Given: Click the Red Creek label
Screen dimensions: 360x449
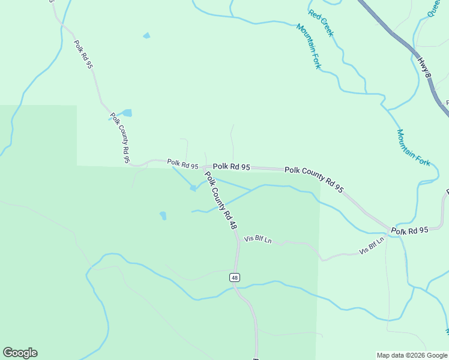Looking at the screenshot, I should [x=321, y=23].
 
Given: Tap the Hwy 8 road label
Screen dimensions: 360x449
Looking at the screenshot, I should [x=425, y=67].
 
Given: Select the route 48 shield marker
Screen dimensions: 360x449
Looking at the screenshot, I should [x=234, y=277].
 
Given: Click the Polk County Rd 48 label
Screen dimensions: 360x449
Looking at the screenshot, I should [x=220, y=201].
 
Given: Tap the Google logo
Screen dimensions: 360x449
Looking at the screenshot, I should [x=20, y=353].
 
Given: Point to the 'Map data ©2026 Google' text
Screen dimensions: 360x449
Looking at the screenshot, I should [x=411, y=355].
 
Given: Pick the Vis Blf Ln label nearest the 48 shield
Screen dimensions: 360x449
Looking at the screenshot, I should [x=258, y=239].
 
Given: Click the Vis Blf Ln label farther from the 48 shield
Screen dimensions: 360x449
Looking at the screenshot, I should [x=371, y=246].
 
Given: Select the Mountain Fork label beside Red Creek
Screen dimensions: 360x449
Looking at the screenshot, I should [x=308, y=46].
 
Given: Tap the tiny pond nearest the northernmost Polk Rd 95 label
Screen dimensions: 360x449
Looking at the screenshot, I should [x=146, y=36].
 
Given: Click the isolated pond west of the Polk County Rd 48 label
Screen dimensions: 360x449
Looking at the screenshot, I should [x=163, y=215].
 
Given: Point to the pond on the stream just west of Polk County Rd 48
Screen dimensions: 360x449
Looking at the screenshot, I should [x=193, y=188].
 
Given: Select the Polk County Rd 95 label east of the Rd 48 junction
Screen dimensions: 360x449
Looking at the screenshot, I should [x=314, y=179].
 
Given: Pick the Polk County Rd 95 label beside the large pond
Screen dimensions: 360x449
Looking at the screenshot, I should [x=120, y=137].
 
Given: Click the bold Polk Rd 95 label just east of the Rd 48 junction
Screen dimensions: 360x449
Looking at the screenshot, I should [x=231, y=167].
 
